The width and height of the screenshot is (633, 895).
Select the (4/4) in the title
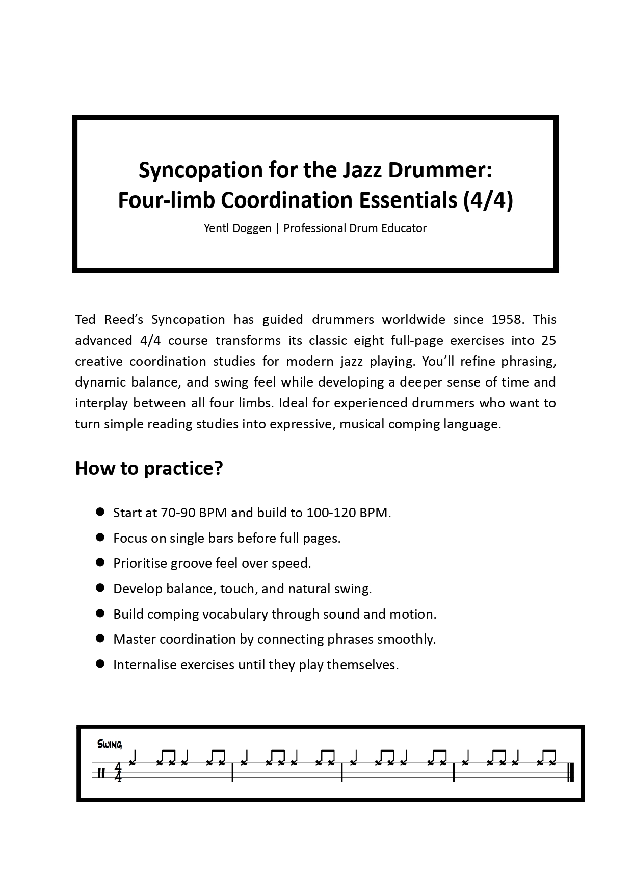click(488, 200)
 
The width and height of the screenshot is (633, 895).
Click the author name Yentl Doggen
click(238, 228)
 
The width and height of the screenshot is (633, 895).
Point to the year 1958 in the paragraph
click(507, 320)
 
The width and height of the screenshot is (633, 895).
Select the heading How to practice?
click(149, 468)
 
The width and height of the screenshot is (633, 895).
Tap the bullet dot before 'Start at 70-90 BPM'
click(100, 512)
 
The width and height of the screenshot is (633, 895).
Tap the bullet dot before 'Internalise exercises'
click(100, 664)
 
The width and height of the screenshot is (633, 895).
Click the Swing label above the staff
click(110, 745)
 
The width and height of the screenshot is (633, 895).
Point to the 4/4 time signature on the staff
click(118, 772)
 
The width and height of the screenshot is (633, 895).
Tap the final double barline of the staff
click(571, 773)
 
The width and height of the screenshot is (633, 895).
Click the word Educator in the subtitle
click(404, 228)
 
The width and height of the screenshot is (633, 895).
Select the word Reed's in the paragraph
click(124, 320)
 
